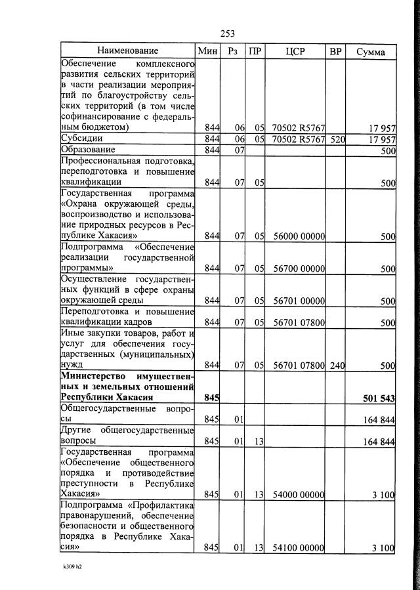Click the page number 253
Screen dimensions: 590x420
click(x=228, y=33)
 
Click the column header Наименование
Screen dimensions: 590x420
click(x=128, y=51)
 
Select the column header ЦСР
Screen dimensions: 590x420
click(x=295, y=51)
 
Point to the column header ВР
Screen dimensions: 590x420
click(x=336, y=51)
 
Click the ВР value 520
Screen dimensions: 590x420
click(x=337, y=140)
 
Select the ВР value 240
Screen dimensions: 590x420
click(x=337, y=365)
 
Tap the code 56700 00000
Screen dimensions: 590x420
click(x=299, y=268)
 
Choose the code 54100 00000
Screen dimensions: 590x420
click(x=299, y=547)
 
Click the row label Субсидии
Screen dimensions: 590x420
click(x=81, y=139)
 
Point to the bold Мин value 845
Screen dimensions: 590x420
click(x=211, y=398)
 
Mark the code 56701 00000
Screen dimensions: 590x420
click(x=299, y=301)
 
